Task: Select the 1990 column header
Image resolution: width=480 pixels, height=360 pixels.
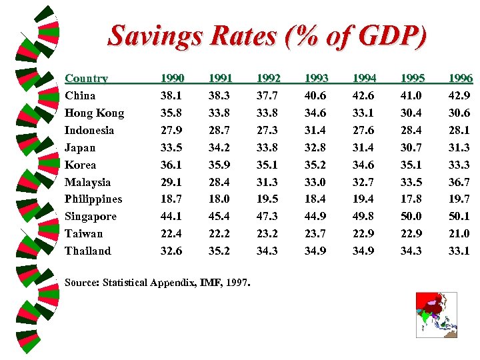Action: (172, 78)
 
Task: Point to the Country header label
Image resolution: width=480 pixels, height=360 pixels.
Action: (86, 78)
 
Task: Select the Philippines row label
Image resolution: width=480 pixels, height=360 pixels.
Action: (93, 199)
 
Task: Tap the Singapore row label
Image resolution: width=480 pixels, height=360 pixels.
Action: (91, 216)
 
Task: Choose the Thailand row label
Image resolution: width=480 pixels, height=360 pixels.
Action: (88, 251)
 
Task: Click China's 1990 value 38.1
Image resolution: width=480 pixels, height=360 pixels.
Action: (172, 95)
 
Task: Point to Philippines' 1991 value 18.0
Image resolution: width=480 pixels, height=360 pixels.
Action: (220, 199)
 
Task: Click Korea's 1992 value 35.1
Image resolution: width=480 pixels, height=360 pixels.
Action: (267, 165)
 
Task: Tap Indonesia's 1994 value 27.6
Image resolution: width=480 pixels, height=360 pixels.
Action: (363, 130)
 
